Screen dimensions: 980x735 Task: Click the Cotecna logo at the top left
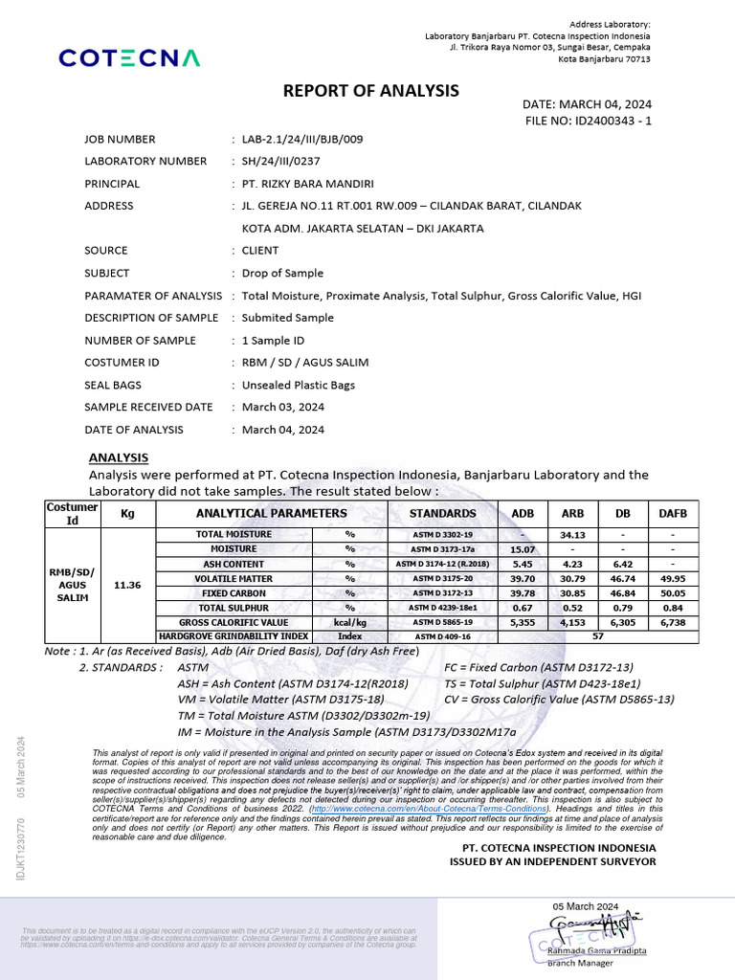point(130,58)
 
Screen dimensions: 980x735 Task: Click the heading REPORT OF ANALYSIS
point(371,91)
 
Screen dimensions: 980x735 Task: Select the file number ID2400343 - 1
point(588,121)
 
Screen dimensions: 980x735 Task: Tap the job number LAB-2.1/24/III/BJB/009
point(302,139)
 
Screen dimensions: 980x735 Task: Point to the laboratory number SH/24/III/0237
point(285,161)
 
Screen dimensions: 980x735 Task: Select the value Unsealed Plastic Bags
point(299,385)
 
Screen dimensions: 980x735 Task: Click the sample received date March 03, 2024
point(283,407)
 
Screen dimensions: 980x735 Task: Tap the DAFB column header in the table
point(674,513)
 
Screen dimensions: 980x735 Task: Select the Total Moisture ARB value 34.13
point(572,534)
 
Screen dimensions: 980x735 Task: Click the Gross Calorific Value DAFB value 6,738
point(674,621)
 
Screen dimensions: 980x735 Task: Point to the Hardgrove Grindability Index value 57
point(598,635)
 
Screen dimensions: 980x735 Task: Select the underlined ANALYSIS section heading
point(118,457)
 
